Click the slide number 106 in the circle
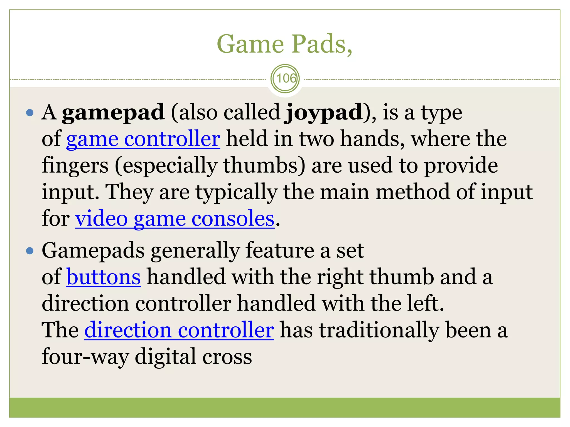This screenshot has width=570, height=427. point(285,78)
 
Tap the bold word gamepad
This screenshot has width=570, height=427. point(113,112)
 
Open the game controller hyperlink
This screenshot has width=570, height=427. point(143,139)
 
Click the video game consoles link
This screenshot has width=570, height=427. point(175,219)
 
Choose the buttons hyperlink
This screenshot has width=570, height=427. point(104,277)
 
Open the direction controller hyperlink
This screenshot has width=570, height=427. point(179,330)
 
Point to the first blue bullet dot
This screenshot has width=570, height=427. point(30,113)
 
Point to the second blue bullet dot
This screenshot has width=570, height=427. point(30,251)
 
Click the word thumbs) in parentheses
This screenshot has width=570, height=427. point(264,165)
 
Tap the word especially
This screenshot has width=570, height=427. point(166,165)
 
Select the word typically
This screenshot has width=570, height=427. point(236,192)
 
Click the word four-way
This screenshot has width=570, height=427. point(85,356)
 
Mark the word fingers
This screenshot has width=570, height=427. point(75,165)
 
